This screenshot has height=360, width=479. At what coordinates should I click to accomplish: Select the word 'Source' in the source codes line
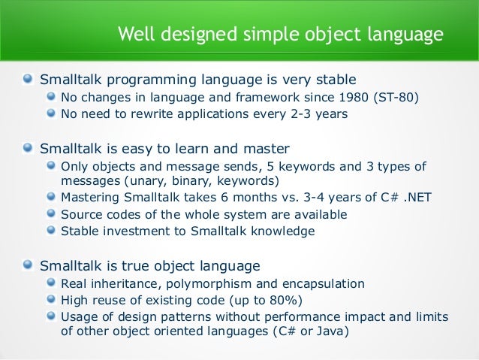coord(81,215)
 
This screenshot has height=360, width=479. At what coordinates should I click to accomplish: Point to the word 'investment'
coord(135,231)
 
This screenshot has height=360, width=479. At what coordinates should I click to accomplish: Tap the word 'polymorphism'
coord(206,283)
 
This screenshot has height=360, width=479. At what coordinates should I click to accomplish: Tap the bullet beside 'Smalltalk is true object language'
coord(28,265)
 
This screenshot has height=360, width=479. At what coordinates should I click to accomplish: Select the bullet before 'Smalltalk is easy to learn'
coord(28,147)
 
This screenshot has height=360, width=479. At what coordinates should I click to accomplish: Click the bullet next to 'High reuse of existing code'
coord(50,301)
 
